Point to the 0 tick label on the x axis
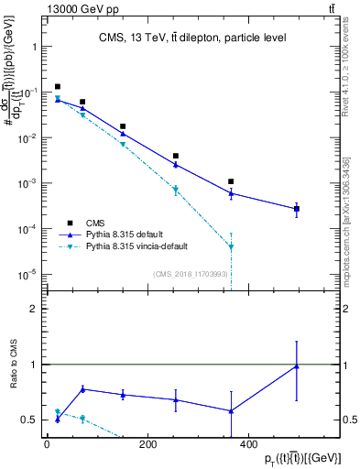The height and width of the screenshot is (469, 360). tap(46, 444)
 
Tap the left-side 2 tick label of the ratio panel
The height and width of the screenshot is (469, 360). tap(33, 309)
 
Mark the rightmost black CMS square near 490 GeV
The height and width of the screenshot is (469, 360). tap(296, 209)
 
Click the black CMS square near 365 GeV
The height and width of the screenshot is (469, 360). tap(231, 181)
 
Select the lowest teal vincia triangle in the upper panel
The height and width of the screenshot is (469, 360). tap(231, 246)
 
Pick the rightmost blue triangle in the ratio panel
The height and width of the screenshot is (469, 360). tap(296, 366)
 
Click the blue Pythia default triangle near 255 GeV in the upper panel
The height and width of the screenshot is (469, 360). tap(175, 165)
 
